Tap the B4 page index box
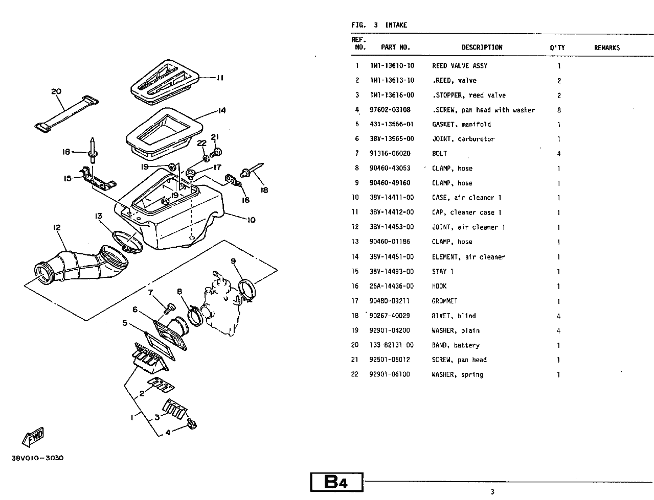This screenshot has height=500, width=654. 336,482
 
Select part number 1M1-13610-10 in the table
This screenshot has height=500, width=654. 392,66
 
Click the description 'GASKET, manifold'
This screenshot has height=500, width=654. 461,125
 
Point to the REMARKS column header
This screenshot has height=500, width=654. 606,47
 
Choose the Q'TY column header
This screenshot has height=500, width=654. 557,47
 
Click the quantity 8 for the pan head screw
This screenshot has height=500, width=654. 559,110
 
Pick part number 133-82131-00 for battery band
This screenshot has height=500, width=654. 391,345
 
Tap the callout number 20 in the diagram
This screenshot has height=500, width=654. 56,92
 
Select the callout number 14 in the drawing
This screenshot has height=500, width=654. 221,111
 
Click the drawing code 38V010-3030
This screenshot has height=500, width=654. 37,458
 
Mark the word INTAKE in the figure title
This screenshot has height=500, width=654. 396,25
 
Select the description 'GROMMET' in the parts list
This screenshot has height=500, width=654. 444,301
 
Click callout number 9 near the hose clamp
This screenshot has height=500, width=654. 233,261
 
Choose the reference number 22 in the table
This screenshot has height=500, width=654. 355,375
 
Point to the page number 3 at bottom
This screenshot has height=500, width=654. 492,492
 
